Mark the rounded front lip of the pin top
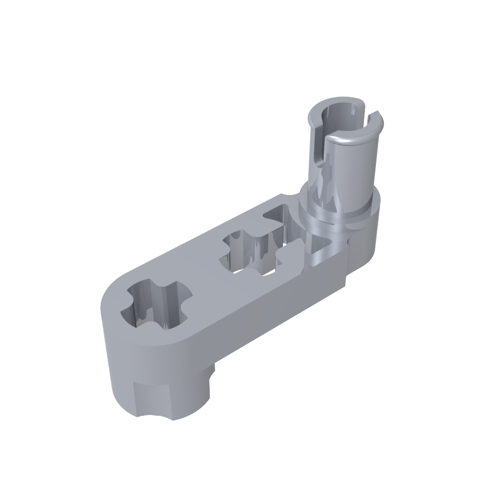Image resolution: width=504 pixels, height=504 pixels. point(348,139)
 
